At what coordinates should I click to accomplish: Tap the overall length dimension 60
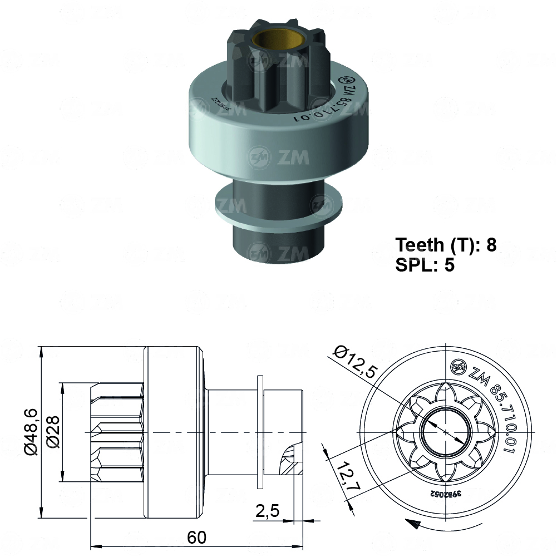tap(196, 538)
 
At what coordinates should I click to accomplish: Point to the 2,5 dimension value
tap(268, 510)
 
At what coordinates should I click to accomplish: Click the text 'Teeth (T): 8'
tap(445, 245)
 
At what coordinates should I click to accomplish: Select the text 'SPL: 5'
tap(425, 265)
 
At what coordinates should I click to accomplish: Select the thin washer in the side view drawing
tap(260, 432)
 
